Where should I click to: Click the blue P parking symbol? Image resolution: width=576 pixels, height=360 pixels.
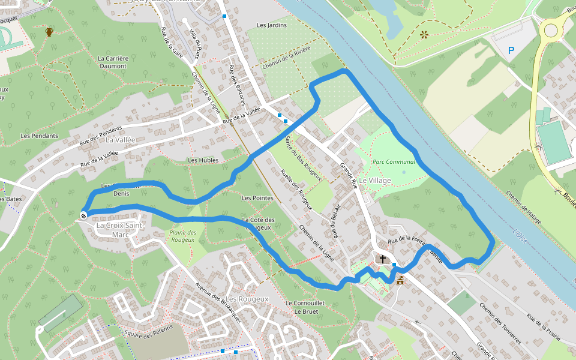pyautogui.click(x=511, y=51)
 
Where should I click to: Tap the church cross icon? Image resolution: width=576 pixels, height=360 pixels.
pyautogui.click(x=383, y=259)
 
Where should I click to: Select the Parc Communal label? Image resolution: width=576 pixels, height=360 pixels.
pyautogui.click(x=394, y=162)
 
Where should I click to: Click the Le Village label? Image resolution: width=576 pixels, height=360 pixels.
pyautogui.click(x=375, y=181)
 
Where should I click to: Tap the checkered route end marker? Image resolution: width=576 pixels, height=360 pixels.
pyautogui.click(x=83, y=215)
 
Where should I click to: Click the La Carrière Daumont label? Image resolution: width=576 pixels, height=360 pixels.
pyautogui.click(x=113, y=62)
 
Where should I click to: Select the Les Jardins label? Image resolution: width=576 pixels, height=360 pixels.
pyautogui.click(x=272, y=25)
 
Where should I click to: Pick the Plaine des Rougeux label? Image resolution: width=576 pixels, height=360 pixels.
pyautogui.click(x=183, y=236)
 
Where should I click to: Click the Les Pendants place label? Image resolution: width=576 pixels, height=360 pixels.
pyautogui.click(x=39, y=136)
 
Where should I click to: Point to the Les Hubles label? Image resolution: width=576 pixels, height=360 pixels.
pyautogui.click(x=203, y=160)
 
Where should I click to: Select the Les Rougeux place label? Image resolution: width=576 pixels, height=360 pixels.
pyautogui.click(x=247, y=299)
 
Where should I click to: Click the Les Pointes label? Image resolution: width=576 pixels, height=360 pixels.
pyautogui.click(x=257, y=198)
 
